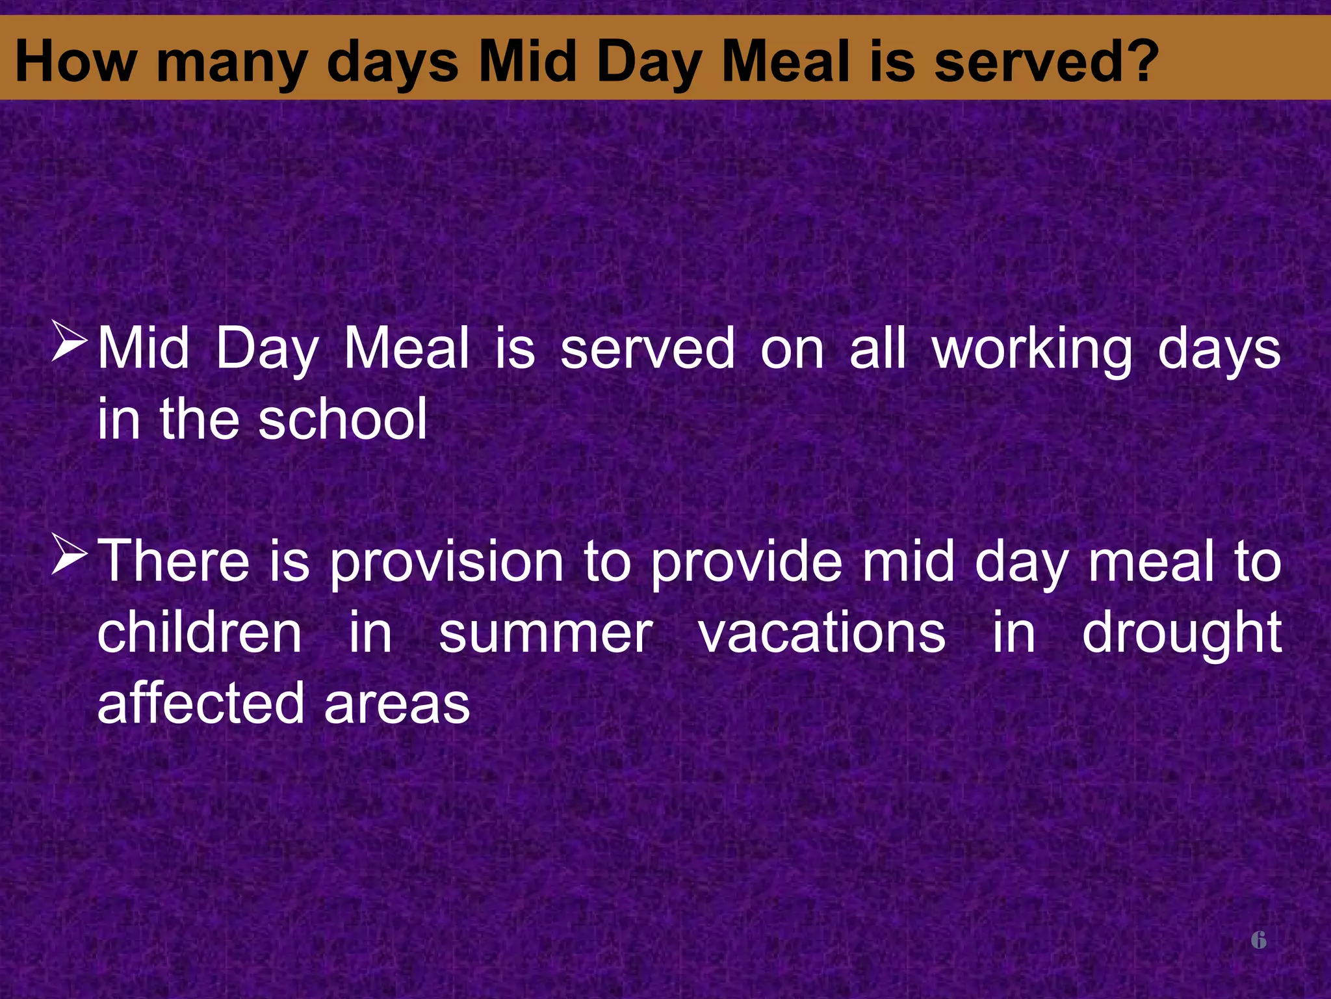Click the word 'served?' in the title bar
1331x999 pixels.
1046,62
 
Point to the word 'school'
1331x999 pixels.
342,420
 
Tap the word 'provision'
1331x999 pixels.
446,563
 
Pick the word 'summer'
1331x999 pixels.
545,634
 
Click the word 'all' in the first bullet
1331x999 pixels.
877,349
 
